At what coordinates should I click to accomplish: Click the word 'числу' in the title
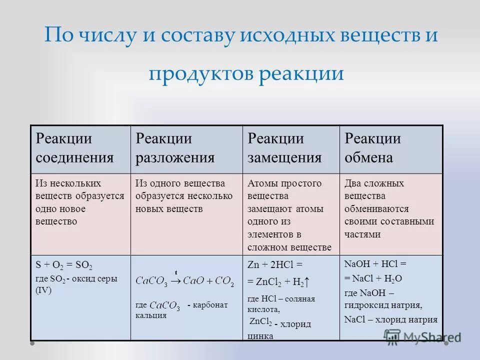[x=117, y=36]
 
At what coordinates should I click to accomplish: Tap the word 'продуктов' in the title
[x=200, y=74]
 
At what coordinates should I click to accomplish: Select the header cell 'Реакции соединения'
[x=74, y=148]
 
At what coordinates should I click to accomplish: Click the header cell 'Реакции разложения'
[x=175, y=148]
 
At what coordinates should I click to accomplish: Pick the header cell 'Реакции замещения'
[x=284, y=148]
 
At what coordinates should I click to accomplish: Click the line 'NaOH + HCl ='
[x=375, y=264]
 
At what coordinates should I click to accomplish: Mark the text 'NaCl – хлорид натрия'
[x=391, y=319]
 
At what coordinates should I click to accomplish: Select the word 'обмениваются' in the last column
[x=376, y=208]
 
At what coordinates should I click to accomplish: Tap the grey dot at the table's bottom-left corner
[x=32, y=343]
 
